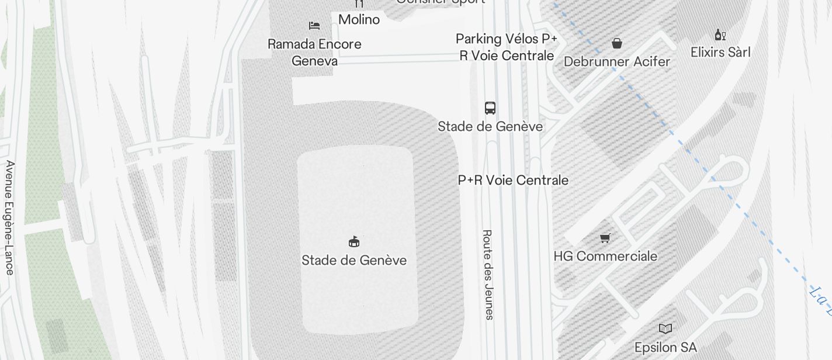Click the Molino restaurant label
[359, 19]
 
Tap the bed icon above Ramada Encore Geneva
[314, 26]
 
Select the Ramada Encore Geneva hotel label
[314, 52]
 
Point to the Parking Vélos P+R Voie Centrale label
[507, 47]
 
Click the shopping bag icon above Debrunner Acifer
[617, 43]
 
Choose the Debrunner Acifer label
[617, 61]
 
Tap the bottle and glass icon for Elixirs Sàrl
[720, 35]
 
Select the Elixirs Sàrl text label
[720, 52]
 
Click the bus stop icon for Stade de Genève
[490, 108]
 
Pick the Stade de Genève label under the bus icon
[490, 126]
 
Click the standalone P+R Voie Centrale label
[513, 180]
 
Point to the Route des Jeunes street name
[488, 274]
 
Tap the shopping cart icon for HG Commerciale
[605, 238]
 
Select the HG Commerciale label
[605, 256]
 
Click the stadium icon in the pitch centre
[354, 241]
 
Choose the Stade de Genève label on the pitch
[354, 260]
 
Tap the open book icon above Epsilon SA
[665, 328]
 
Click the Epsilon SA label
[665, 348]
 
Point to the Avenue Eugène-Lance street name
[10, 217]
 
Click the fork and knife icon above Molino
[359, 4]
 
